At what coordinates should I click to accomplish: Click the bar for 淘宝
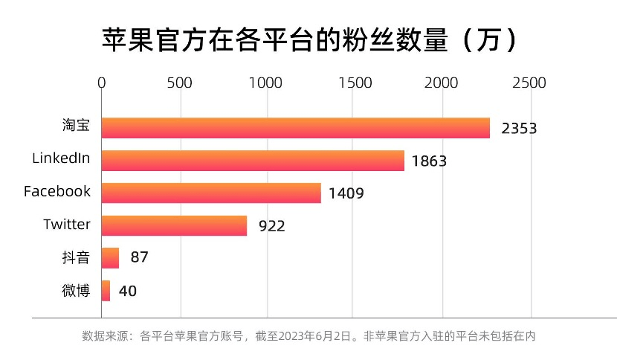[x=296, y=128]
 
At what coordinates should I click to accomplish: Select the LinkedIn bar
[x=253, y=161]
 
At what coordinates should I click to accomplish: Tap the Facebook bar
[x=211, y=193]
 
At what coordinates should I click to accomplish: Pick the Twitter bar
[x=174, y=225]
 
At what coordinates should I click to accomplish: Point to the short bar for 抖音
[x=110, y=258]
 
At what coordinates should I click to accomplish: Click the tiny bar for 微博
[x=106, y=291]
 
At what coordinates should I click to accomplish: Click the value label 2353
[x=519, y=128]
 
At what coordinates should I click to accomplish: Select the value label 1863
[x=429, y=161]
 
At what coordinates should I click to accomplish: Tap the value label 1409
[x=346, y=193]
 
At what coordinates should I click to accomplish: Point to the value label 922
[x=272, y=226]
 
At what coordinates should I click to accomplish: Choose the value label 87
[x=140, y=258]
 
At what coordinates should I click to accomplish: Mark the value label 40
[x=128, y=291]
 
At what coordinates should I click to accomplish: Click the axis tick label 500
[x=180, y=83]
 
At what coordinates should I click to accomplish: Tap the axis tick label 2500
[x=529, y=83]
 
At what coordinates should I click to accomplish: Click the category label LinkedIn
[x=61, y=158]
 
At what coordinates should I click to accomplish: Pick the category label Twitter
[x=67, y=224]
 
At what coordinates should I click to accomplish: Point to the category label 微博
[x=76, y=290]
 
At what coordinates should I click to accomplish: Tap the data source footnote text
[x=308, y=336]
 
